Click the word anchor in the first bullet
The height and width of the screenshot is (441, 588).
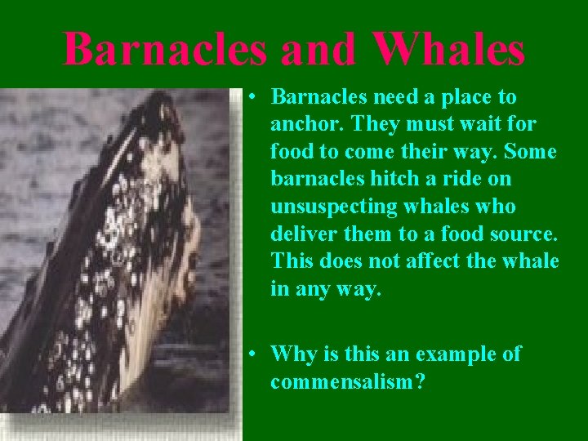tap(301, 124)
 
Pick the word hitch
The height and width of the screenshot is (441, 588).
tap(390, 180)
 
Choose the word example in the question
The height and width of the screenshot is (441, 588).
tap(453, 354)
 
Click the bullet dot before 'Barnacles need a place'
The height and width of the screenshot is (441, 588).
tap(255, 97)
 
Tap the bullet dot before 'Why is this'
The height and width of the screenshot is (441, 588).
tap(255, 354)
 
